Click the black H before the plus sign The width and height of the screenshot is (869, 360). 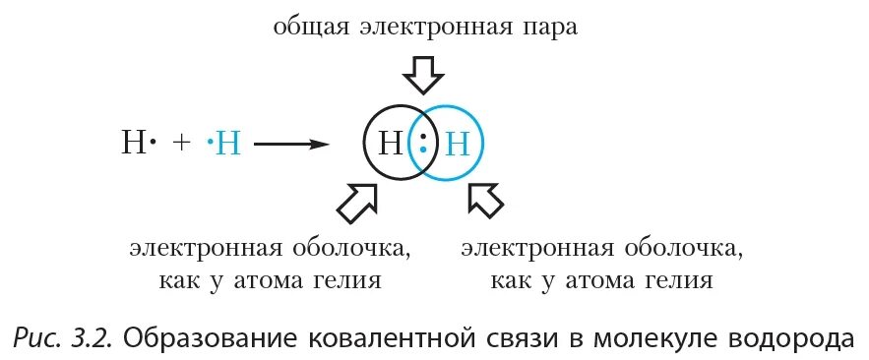133,145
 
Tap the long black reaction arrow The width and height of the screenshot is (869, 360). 290,145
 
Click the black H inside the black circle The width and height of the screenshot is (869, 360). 391,145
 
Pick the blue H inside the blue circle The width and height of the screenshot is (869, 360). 459,145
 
